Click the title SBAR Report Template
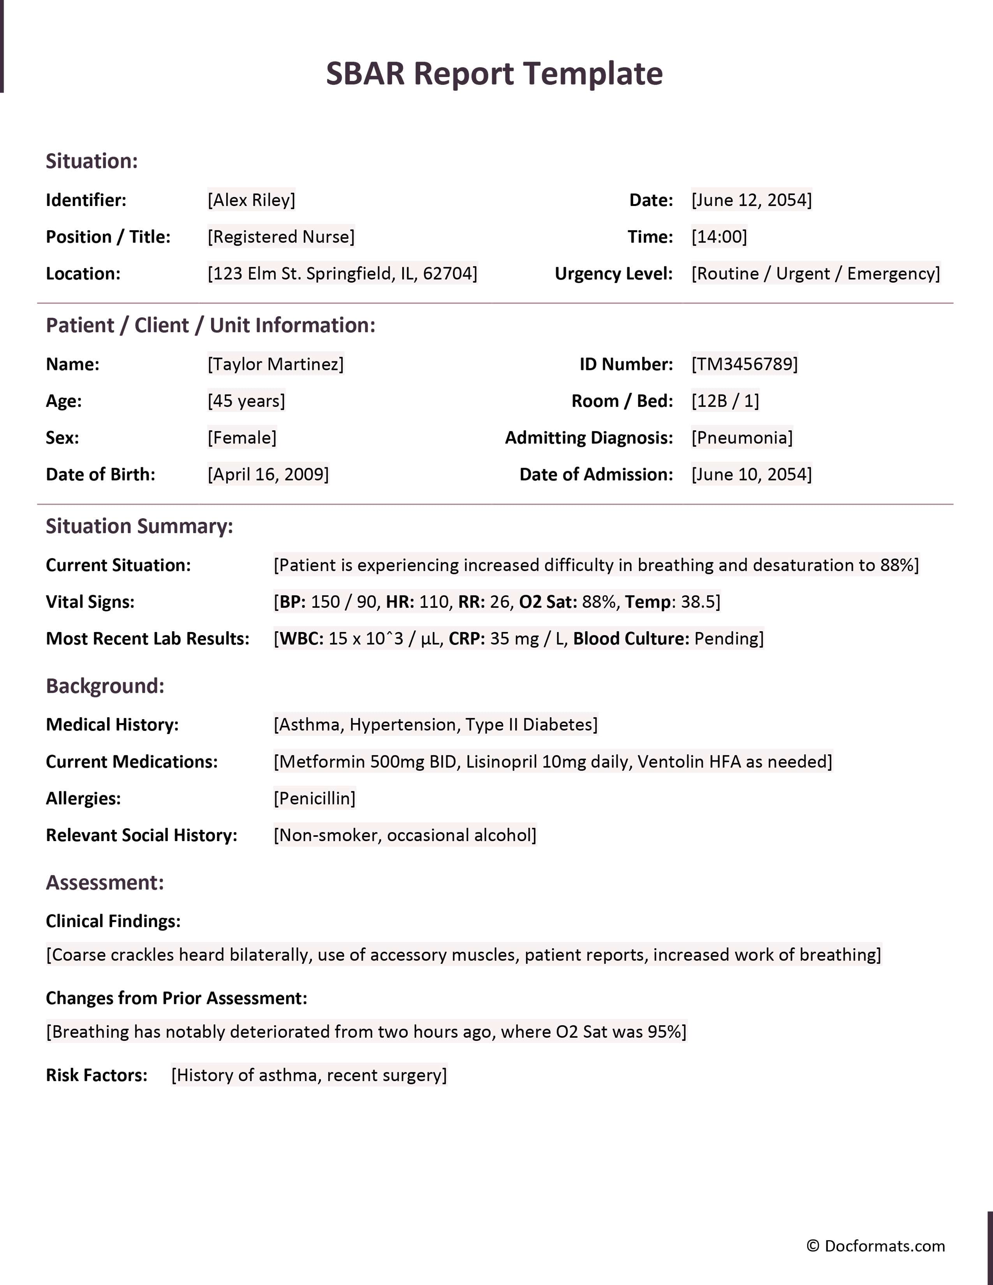pos(494,74)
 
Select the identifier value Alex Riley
pos(251,200)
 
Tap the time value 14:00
pos(719,236)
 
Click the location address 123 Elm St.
pos(342,274)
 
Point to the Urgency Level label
pos(614,274)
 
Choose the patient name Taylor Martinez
pos(275,364)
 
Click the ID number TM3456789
pos(744,364)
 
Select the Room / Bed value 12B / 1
pos(725,401)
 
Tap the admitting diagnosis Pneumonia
pos(742,438)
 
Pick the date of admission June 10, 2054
pos(751,474)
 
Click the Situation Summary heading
pos(139,526)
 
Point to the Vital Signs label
pos(90,602)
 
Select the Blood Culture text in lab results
pos(630,638)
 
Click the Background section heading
pos(105,686)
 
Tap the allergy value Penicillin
pos(314,798)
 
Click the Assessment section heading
pos(105,882)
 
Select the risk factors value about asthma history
pos(309,1075)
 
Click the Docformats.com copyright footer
pos(875,1246)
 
